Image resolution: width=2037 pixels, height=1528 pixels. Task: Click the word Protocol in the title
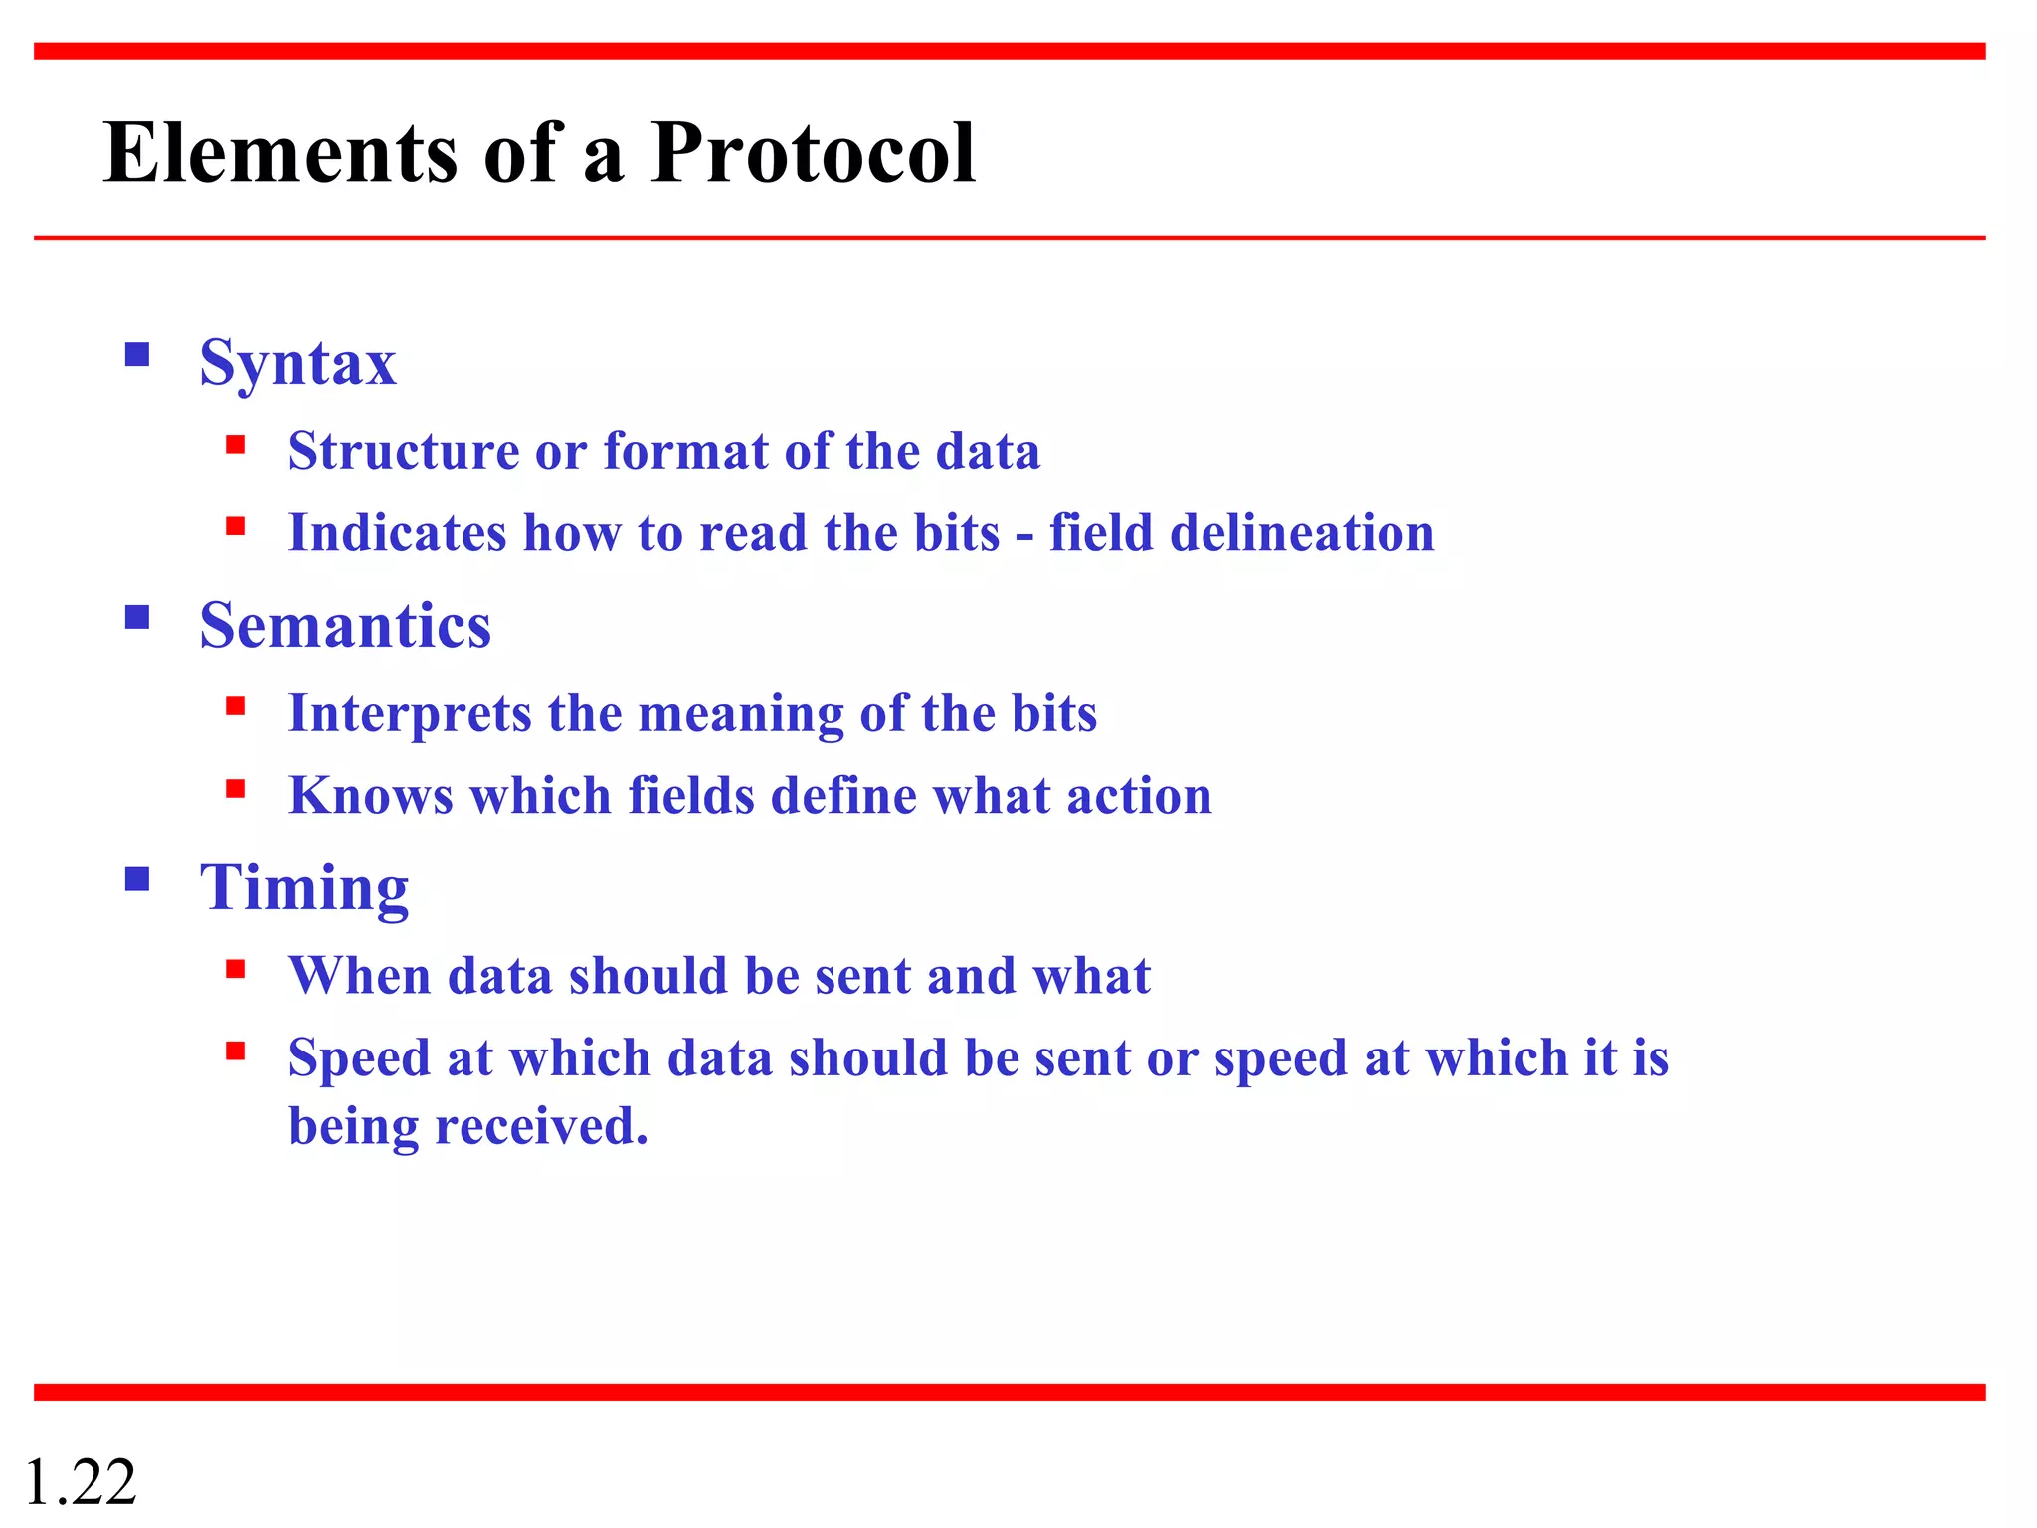(x=813, y=153)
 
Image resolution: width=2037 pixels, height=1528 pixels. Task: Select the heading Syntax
(x=297, y=363)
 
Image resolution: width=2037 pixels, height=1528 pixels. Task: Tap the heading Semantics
(x=345, y=626)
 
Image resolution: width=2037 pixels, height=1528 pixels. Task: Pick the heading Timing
(x=304, y=887)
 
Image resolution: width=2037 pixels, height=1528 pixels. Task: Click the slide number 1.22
(x=80, y=1482)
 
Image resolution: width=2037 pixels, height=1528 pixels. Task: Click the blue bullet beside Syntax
(x=137, y=355)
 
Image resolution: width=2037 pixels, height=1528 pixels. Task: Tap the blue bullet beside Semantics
(x=137, y=618)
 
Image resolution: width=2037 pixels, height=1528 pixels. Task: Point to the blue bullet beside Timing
(x=137, y=879)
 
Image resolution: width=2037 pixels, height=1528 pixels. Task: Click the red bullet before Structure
(x=235, y=444)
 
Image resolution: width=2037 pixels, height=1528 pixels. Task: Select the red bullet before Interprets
(x=235, y=706)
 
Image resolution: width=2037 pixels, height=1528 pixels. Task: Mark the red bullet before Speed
(x=235, y=1050)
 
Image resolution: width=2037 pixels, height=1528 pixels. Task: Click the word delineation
(x=1302, y=533)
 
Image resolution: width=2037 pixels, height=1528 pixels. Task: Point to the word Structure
(x=404, y=451)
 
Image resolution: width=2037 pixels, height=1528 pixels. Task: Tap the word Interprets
(x=410, y=714)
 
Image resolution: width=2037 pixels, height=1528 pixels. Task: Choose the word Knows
(x=371, y=796)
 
